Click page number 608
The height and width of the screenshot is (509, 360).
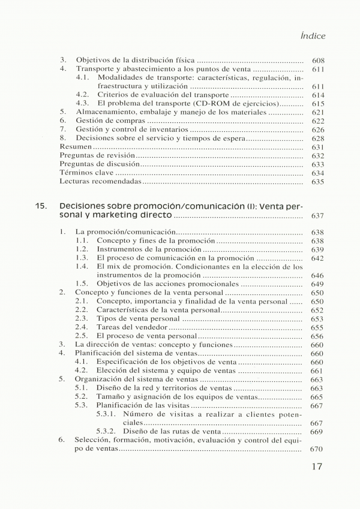[x=318, y=61]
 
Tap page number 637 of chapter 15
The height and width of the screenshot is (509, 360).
[x=318, y=215]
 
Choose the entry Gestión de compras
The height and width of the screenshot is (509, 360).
[x=106, y=121]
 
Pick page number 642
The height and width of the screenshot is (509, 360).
[x=318, y=258]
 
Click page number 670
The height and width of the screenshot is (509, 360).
[x=318, y=449]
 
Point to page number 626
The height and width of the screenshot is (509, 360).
[x=318, y=129]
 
